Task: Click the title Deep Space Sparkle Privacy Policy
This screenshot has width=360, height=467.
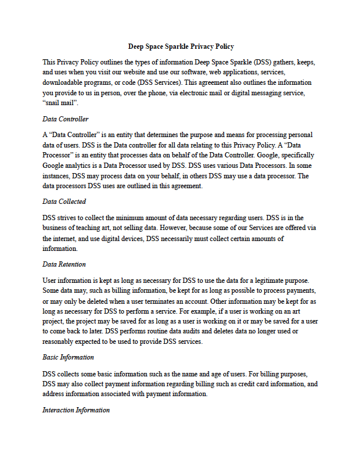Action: pos(181,46)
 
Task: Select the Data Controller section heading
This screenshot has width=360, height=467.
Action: pos(66,119)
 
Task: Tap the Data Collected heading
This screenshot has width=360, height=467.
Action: pos(64,202)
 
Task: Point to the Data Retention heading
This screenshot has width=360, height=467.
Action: pos(64,264)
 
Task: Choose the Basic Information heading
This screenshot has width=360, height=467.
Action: pos(68,357)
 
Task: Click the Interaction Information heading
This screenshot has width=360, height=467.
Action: pos(76,410)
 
